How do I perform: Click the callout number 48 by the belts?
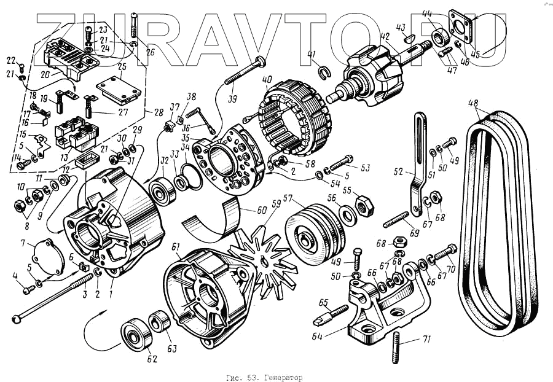click(473, 103)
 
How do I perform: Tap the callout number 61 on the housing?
click(176, 247)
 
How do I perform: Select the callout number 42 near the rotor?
click(385, 36)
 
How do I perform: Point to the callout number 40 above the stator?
click(267, 79)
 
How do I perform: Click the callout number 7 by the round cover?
click(23, 244)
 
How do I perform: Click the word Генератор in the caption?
click(285, 376)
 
